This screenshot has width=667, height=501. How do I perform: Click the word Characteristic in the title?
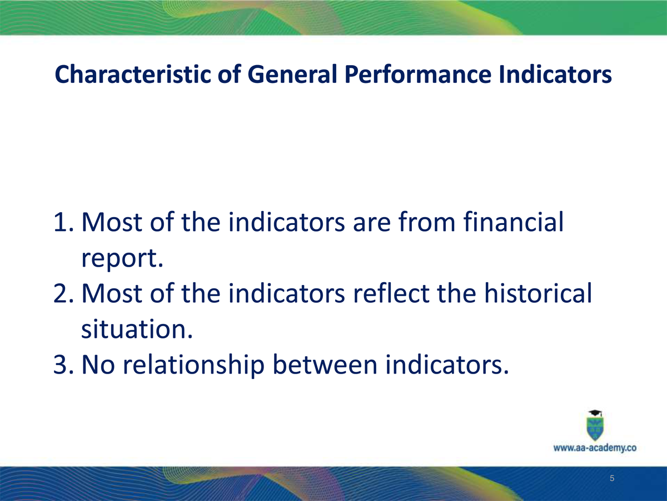click(133, 74)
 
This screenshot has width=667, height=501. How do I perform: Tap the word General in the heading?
click(292, 74)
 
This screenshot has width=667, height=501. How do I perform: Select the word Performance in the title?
click(418, 74)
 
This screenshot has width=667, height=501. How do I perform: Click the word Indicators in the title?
click(555, 74)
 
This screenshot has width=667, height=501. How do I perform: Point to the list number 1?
click(63, 222)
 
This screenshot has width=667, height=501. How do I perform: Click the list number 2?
click(63, 293)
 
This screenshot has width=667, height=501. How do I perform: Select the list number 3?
click(63, 364)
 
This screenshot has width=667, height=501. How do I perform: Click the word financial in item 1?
click(513, 222)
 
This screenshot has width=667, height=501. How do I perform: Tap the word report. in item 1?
click(122, 258)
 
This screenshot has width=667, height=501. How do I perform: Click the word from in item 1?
click(427, 222)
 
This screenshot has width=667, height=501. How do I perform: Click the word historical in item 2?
click(538, 292)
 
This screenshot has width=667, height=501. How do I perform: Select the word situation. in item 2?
click(137, 328)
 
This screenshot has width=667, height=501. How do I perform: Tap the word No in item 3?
click(98, 364)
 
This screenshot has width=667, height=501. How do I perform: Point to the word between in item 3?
click(325, 364)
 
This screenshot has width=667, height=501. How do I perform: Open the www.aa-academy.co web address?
click(595, 448)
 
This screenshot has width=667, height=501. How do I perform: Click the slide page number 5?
click(612, 478)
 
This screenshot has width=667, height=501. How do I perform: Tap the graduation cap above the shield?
click(595, 413)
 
